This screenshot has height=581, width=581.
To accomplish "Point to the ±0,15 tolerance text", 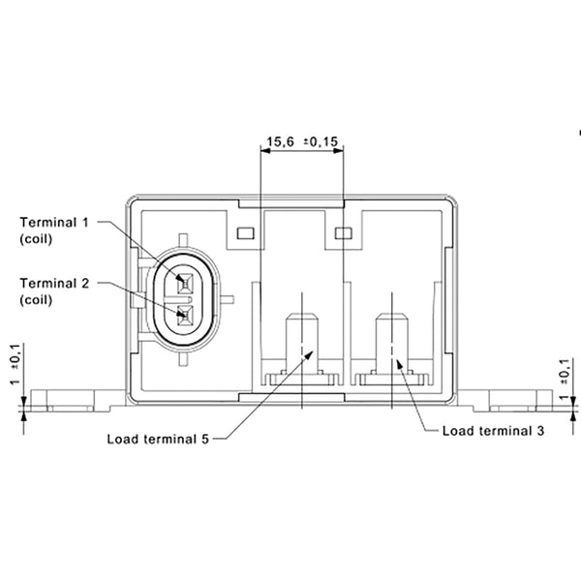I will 322,142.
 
